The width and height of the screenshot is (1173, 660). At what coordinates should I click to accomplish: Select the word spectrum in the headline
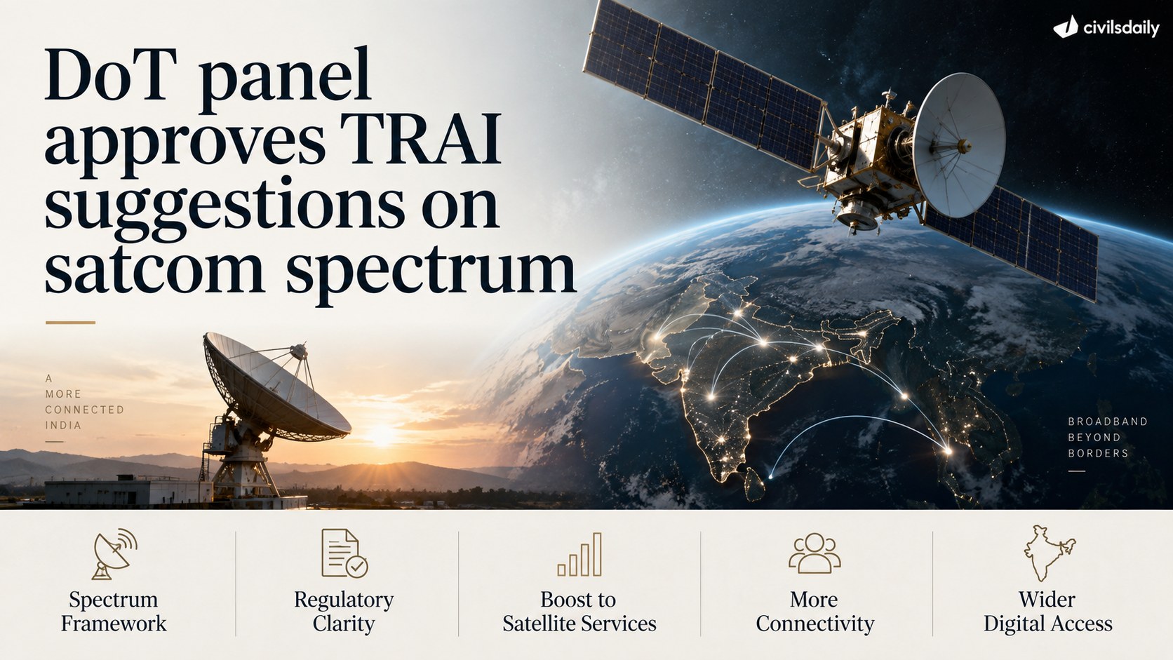[431, 272]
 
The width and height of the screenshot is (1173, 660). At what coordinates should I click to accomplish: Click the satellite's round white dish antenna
[959, 145]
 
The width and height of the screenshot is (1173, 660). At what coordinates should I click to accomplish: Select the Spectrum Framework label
[114, 612]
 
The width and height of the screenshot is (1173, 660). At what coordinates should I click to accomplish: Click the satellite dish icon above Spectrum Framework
[114, 554]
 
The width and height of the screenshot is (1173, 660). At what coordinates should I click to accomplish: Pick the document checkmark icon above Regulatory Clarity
[344, 553]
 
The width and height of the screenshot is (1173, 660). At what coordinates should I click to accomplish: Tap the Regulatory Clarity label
[344, 612]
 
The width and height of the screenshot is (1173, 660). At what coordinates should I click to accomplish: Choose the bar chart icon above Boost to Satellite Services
[579, 555]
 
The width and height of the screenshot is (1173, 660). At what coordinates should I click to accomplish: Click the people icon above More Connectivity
[815, 553]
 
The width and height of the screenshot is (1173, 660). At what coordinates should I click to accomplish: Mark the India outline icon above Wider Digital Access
[1049, 553]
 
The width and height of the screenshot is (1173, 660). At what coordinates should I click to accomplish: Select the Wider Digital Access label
[1048, 612]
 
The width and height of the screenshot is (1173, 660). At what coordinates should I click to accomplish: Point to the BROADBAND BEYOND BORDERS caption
[1108, 437]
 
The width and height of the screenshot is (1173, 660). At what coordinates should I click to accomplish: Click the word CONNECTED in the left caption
[85, 410]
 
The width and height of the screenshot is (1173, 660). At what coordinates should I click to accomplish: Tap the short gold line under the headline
[70, 323]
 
